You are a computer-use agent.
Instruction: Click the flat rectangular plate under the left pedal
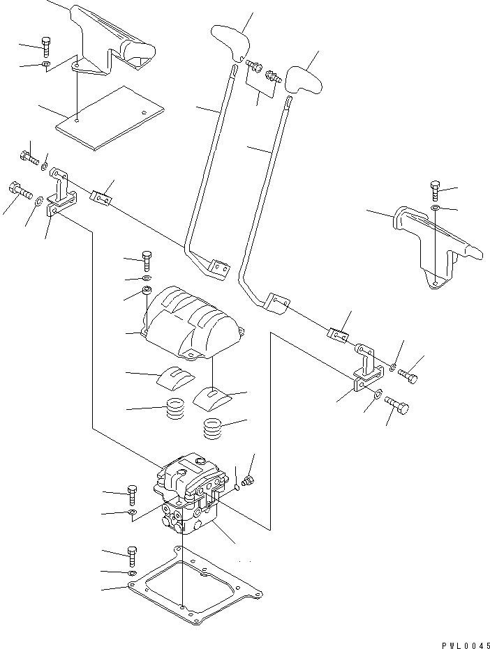110,117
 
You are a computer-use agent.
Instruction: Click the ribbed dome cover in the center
191,320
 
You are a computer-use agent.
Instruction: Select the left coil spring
177,408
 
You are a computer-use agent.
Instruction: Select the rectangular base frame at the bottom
195,586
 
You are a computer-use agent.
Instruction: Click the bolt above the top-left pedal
46,45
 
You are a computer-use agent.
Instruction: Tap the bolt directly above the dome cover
147,260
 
